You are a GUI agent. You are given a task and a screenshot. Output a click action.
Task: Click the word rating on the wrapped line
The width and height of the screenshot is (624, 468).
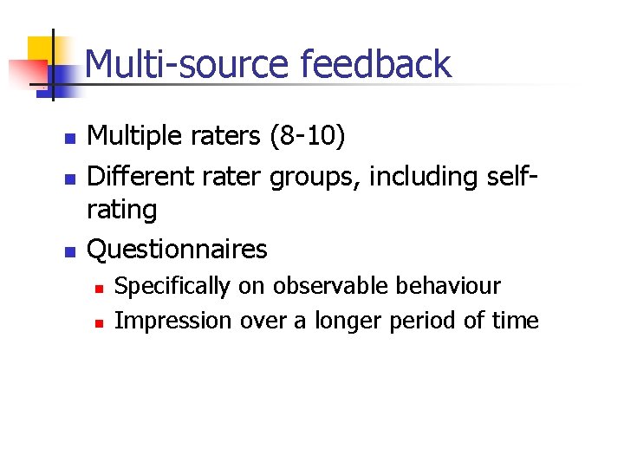(x=123, y=210)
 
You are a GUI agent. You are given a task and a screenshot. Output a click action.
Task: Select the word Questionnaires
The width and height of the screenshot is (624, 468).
(x=178, y=250)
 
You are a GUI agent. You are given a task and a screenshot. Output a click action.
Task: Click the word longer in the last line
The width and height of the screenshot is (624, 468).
(x=347, y=321)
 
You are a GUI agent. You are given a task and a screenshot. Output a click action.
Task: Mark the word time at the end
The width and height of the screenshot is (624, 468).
(x=518, y=321)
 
